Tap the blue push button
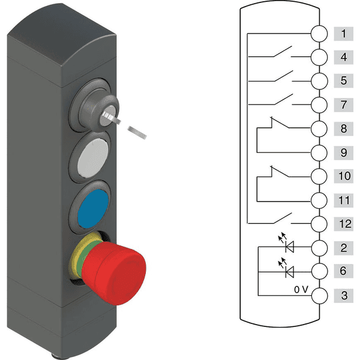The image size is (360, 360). coord(93,208)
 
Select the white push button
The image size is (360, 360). coord(93,158)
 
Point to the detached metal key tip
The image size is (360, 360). coord(137,133)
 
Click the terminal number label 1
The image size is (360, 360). coord(343,34)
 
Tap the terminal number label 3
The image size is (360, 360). coord(344,295)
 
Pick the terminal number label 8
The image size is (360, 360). coord(343,128)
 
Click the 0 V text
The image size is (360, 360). coord(301,290)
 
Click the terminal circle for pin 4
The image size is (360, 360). coord(319,57)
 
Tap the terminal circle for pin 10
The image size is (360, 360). coord(319,176)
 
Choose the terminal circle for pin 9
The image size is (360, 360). coord(319,152)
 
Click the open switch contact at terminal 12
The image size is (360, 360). coord(283,218)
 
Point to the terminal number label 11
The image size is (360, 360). coord(344,200)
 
